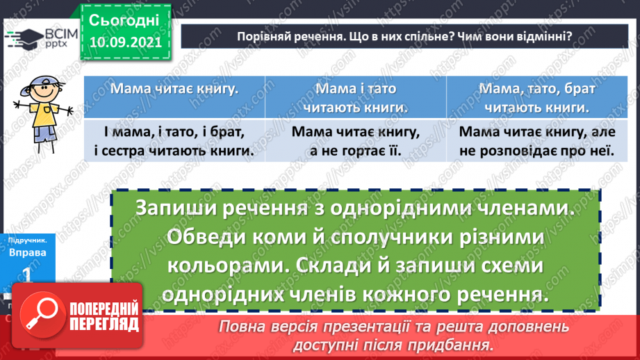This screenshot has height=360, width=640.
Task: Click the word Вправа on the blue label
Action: coord(28,253)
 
